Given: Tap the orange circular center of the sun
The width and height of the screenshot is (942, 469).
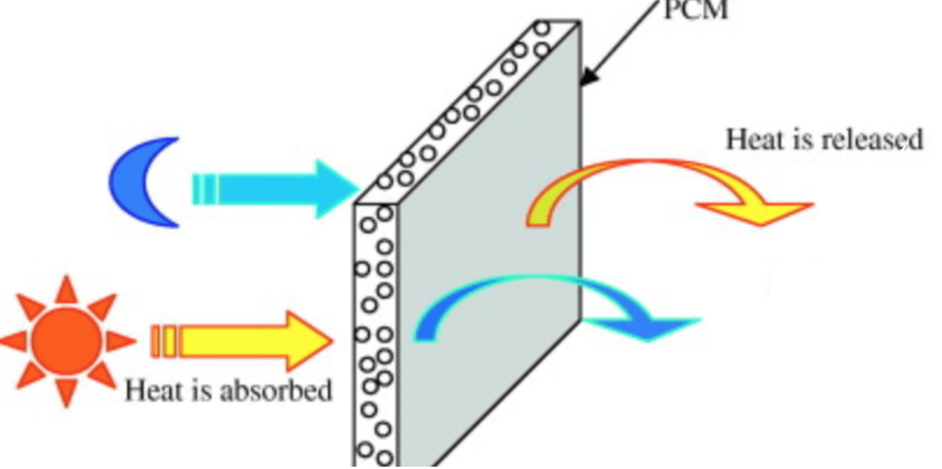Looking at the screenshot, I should pyautogui.click(x=65, y=340).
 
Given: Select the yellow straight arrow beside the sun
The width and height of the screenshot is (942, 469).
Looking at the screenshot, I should pyautogui.click(x=245, y=341).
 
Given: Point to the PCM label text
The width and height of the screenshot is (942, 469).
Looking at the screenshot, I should pyautogui.click(x=696, y=10).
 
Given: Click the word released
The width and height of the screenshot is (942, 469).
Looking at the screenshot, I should pyautogui.click(x=872, y=140).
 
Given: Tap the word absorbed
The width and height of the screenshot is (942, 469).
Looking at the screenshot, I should pyautogui.click(x=275, y=390).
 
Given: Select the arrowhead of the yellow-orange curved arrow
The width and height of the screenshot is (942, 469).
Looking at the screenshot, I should pyautogui.click(x=759, y=212).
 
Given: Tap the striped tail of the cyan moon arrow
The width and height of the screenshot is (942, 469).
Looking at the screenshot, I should pyautogui.click(x=204, y=189).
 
